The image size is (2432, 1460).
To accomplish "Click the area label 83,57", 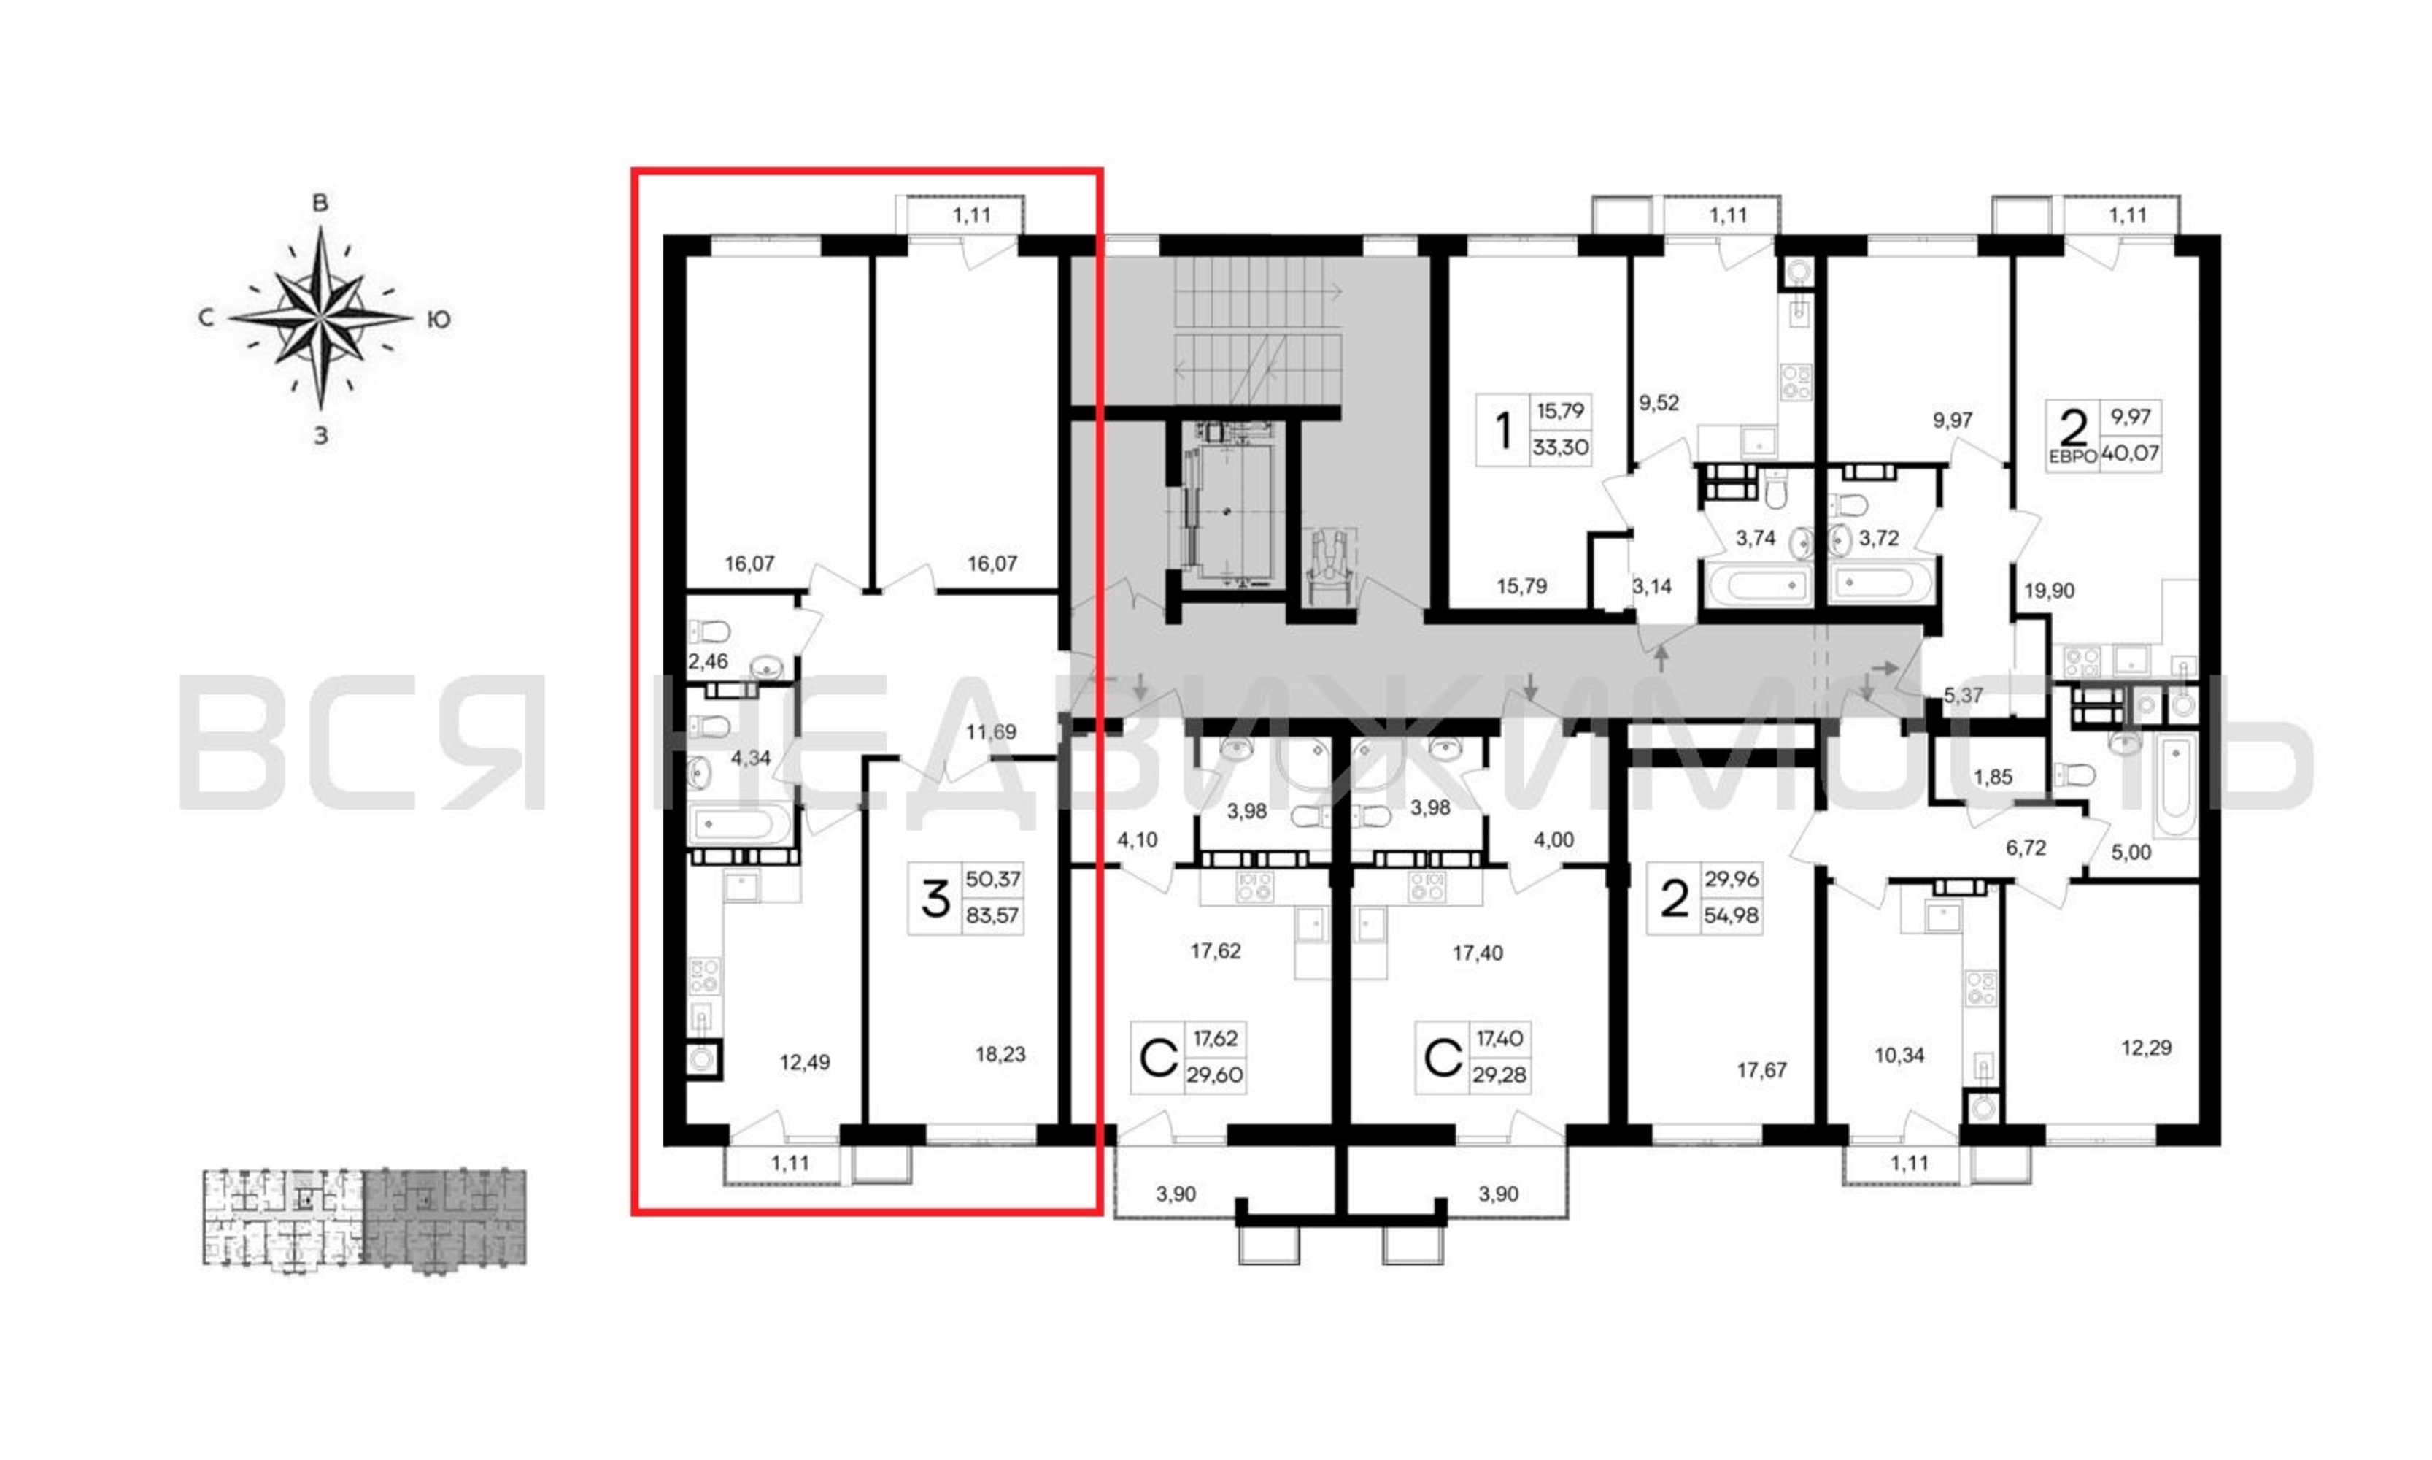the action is [992, 915].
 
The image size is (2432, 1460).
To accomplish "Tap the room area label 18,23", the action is [1000, 1053].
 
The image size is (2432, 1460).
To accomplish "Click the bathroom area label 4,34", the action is [750, 758].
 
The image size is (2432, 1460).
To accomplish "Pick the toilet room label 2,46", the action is [708, 661].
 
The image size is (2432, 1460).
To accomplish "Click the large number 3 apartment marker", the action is [934, 898].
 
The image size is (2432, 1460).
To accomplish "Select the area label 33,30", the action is [1561, 447].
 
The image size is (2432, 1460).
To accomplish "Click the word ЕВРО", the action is [2072, 456].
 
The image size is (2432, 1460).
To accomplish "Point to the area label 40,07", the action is [2130, 453].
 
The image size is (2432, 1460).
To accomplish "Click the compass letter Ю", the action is [439, 319].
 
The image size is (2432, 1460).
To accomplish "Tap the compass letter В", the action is [320, 204].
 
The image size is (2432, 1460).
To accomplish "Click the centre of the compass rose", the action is [320, 318].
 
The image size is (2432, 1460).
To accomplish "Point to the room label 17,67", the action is [1761, 1069].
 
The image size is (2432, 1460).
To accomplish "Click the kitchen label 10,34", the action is [1899, 1055].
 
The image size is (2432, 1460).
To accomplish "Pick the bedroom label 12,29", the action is [2146, 1047].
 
